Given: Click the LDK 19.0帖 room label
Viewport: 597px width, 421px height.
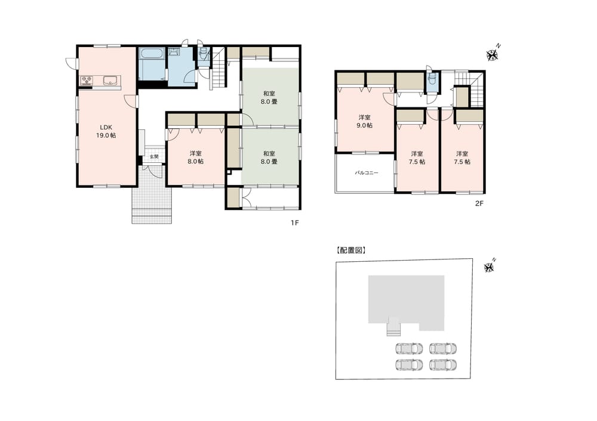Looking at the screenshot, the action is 107,131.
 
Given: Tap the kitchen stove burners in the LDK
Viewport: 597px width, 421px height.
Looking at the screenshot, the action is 87,81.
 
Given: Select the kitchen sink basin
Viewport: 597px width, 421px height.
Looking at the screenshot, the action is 110,81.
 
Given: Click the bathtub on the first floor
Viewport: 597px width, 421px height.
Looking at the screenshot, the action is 152,54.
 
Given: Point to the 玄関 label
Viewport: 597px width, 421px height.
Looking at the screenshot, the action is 154,157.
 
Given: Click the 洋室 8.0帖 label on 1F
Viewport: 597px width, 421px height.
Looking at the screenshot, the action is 196,157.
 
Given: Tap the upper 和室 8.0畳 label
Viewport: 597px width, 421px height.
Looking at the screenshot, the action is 269,97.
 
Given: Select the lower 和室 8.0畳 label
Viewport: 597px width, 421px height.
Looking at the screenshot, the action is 269,157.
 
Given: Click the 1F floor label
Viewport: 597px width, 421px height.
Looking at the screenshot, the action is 295,223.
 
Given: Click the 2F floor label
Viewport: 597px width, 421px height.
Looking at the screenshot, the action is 479,203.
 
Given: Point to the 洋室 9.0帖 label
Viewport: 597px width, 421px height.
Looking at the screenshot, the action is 364,121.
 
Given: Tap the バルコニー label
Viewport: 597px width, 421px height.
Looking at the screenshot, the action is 367,173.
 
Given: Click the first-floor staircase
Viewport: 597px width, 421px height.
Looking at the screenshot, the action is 219,68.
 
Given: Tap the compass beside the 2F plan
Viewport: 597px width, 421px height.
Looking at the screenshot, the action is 493,54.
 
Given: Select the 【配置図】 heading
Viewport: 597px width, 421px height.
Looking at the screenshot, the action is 350,250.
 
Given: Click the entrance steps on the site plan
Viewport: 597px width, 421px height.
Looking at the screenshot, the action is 394,327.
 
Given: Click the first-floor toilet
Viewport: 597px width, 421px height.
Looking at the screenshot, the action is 204,55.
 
